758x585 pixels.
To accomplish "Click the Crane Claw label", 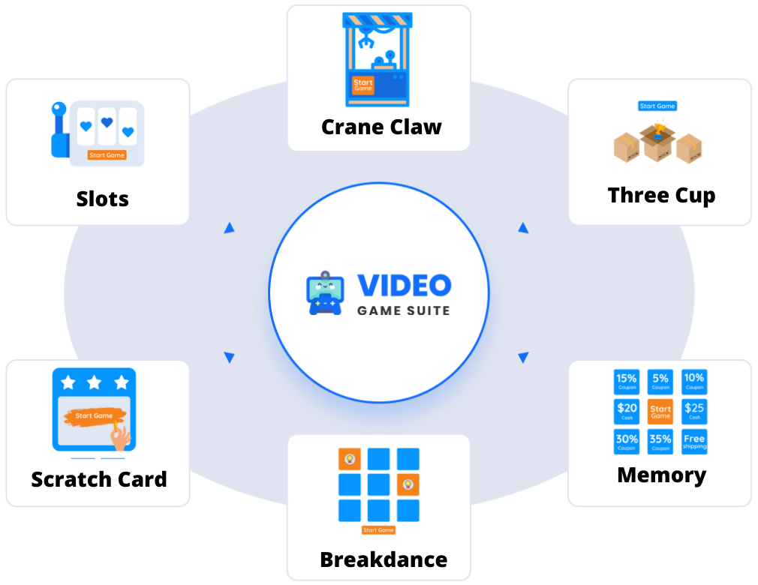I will click(x=381, y=127).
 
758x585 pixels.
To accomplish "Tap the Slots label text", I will click(x=102, y=199).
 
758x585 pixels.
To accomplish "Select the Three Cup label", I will click(x=661, y=195).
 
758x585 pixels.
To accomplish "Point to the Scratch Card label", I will click(x=99, y=478).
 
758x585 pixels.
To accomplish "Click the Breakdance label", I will click(x=383, y=559).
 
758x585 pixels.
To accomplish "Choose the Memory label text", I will click(x=661, y=475).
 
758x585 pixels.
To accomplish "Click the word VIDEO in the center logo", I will click(x=404, y=285).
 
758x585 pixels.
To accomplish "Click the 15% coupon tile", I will click(x=627, y=381).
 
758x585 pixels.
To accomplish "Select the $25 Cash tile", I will click(x=694, y=410).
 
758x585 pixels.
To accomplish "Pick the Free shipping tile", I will click(x=694, y=441).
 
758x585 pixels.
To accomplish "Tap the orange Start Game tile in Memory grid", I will click(x=660, y=411).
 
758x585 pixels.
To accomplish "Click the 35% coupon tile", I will click(x=660, y=442).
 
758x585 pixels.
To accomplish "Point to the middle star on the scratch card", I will click(x=95, y=383).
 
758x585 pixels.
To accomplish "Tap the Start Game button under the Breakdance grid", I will click(x=378, y=530).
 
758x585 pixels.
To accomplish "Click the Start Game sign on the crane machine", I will click(x=362, y=85).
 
